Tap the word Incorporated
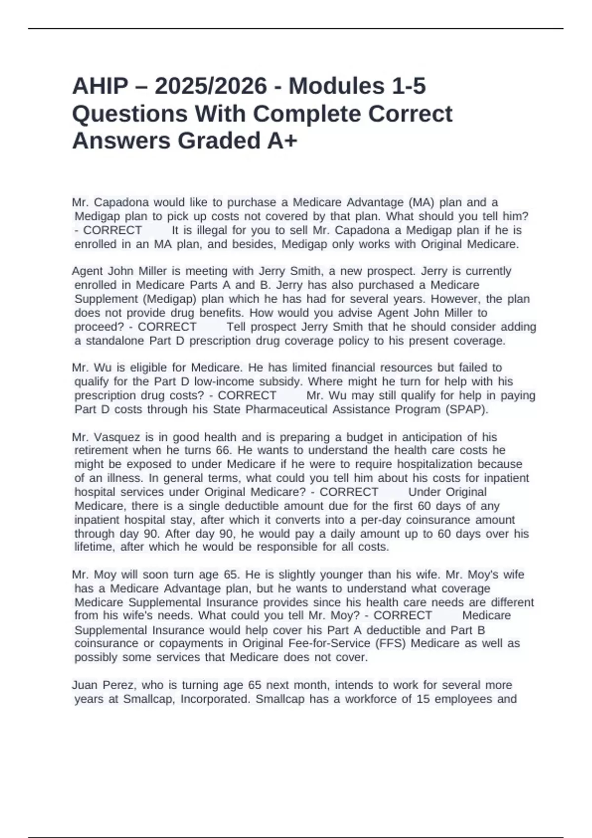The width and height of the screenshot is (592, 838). tap(216, 699)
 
